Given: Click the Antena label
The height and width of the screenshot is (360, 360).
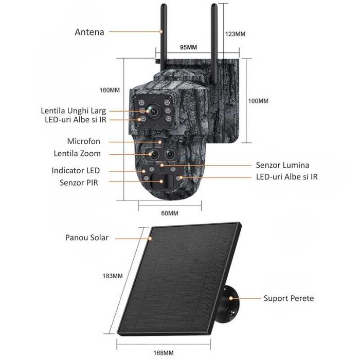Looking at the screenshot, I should pos(89,32).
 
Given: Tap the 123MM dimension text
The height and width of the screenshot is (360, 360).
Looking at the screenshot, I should pos(235,34).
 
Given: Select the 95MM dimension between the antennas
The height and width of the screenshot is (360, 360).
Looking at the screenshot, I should pos(189,48).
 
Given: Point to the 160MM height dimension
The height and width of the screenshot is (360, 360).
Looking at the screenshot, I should pos(109,90).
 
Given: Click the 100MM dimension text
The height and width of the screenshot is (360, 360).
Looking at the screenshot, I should pos(258,101).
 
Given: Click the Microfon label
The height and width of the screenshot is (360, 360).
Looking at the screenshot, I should pos(84,141).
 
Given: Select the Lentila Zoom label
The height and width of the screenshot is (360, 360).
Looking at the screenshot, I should pos(77,153).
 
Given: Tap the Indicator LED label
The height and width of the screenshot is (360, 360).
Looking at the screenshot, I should pos(76,170).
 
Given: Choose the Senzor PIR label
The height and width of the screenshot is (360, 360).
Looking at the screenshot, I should pos(79,182).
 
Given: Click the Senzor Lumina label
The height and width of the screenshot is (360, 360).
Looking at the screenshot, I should pos(282,165).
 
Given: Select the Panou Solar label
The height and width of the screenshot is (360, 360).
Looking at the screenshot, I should pos(86,238).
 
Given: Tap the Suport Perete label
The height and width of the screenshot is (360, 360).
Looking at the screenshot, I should pos(289,298).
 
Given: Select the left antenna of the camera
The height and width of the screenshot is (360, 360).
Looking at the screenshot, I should pos(162,36).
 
